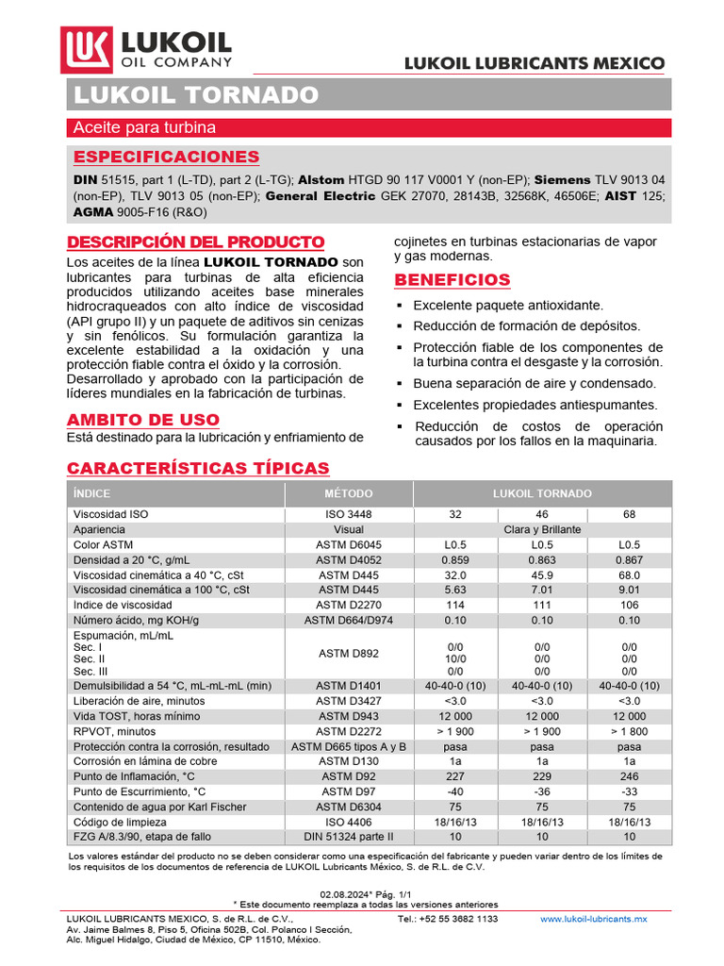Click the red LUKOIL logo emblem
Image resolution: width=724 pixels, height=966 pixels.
pos(87,51)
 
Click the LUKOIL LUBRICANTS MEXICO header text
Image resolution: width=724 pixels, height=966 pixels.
pos(535,63)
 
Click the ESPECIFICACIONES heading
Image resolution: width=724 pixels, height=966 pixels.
pos(166,157)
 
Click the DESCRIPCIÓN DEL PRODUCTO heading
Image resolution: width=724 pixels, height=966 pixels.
pos(195,241)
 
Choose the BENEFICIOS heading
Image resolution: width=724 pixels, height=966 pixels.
pos(452,280)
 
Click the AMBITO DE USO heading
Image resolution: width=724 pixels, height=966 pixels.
pos(143,420)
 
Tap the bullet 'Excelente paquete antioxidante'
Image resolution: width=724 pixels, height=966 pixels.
pos(508,306)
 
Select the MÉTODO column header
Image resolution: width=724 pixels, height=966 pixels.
pos(349,493)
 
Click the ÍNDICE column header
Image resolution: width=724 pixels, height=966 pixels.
pos(92,493)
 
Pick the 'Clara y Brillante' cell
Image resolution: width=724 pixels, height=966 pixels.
pos(542,530)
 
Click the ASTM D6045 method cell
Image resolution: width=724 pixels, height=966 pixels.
pos(349,545)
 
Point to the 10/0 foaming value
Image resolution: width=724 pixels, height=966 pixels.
pos(455,659)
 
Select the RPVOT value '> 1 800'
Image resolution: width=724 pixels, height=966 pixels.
pos(629,731)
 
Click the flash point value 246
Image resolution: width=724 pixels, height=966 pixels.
pos(629,776)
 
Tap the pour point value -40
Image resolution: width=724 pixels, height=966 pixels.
pos(455,791)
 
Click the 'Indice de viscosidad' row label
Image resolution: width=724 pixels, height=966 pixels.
pos(123,605)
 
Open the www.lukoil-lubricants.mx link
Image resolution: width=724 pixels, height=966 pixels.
pos(593,918)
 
